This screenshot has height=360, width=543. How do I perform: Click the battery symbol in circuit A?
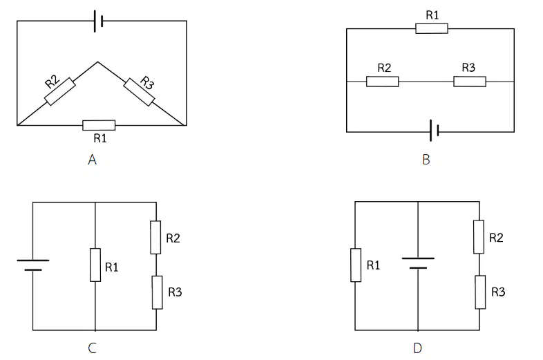pos(98,21)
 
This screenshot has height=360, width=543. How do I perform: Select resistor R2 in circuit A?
pos(60,91)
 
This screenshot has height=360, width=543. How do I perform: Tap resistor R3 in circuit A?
pos(140,92)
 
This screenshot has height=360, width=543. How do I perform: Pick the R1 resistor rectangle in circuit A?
pos(99,126)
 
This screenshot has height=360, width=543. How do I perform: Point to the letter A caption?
pos(92,160)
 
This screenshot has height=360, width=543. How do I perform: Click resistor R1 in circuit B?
pos(432,28)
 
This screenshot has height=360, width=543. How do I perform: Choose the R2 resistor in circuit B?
pos(382,82)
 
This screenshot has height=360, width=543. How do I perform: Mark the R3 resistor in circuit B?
pos(470,82)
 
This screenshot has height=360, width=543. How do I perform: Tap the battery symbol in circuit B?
pos(435,131)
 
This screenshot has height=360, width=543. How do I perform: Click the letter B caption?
pos(426,160)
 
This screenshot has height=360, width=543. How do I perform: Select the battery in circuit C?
pos(33,265)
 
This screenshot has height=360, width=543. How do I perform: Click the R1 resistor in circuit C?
pos(95,265)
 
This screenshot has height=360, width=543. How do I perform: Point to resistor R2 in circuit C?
pos(156,237)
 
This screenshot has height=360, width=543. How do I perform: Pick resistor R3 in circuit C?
pos(158,292)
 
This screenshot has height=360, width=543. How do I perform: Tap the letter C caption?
pos(92,348)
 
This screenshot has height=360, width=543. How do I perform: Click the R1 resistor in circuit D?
pos(356,265)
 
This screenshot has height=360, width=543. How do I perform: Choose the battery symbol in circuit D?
pos(418,263)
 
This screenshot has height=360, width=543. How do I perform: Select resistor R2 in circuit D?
pos(479,236)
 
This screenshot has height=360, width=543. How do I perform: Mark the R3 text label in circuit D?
pos(498,292)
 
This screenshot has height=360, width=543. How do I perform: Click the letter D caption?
pos(418,348)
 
